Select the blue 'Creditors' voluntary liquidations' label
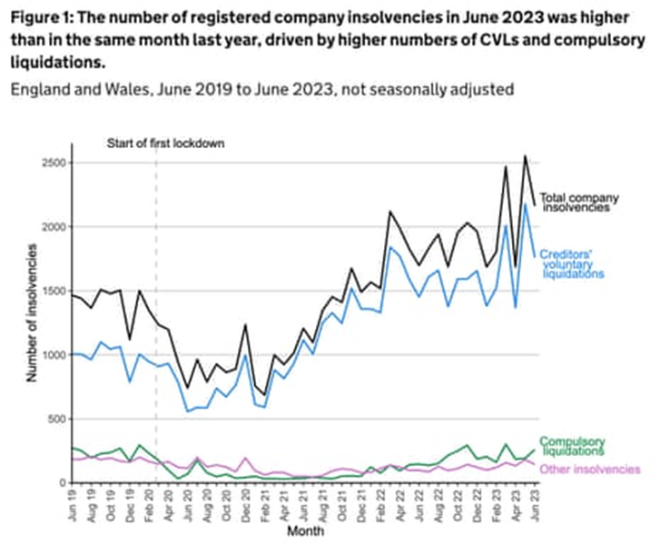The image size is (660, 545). click(x=574, y=263)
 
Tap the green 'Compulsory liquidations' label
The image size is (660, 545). click(x=572, y=445)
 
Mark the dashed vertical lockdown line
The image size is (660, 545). click(x=157, y=318)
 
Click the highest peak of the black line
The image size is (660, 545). click(x=525, y=156)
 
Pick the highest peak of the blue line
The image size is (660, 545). click(x=525, y=203)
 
